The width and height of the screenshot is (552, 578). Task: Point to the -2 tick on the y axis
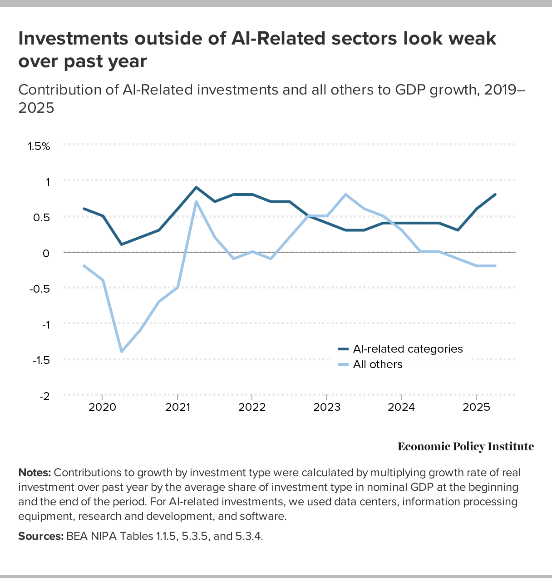point(44,396)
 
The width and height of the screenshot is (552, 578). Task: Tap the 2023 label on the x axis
point(326,407)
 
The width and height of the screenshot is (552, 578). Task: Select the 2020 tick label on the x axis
point(102,407)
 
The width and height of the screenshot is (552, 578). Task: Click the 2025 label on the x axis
point(476,407)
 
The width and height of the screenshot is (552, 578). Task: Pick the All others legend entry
point(377,364)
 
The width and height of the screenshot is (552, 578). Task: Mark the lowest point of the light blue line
point(121,351)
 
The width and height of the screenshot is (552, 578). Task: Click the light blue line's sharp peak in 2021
point(196,201)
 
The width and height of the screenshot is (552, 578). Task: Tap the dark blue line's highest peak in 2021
point(196,187)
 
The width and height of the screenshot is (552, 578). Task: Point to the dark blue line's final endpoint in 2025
point(495,194)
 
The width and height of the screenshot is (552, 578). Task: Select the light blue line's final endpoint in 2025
point(495,266)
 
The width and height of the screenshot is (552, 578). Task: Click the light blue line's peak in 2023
point(345,194)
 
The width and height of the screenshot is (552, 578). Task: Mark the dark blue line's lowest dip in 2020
point(121,244)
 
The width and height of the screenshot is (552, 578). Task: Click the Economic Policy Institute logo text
point(466,447)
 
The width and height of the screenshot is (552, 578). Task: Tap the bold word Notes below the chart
point(34,473)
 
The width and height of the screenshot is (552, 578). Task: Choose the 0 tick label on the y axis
point(45,253)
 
